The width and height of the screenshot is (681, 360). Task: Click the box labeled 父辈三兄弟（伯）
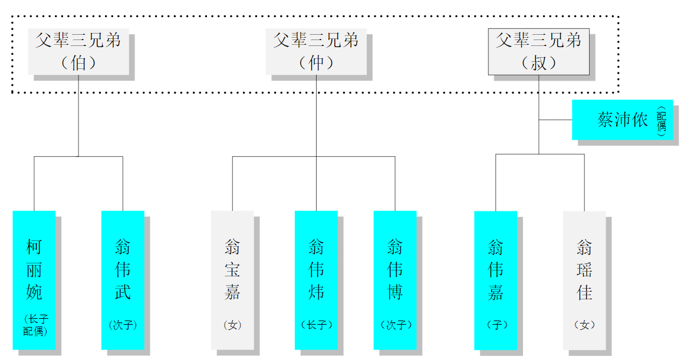click(78, 51)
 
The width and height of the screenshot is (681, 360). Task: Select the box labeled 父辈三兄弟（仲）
click(316, 51)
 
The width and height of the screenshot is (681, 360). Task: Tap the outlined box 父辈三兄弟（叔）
click(538, 51)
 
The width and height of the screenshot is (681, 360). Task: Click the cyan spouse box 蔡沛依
click(622, 120)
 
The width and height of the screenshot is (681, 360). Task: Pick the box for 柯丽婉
click(34, 270)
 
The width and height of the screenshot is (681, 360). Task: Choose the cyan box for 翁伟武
click(123, 270)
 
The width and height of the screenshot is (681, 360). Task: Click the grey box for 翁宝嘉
click(232, 270)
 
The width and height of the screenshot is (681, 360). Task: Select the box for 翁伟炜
click(316, 270)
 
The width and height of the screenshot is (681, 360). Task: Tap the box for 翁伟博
click(395, 270)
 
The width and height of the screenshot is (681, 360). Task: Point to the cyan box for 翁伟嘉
click(495, 270)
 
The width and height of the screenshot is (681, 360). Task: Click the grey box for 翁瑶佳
click(584, 270)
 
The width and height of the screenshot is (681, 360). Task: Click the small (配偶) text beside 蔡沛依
click(662, 121)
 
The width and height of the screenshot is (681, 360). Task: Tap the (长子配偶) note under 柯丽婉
click(35, 325)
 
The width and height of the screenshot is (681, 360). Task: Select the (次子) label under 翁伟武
click(123, 325)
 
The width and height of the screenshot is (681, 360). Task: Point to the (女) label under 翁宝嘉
click(232, 325)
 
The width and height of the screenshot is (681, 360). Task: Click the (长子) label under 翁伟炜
click(317, 325)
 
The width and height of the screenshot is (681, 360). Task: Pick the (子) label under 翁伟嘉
click(496, 325)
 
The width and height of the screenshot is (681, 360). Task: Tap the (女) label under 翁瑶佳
click(584, 325)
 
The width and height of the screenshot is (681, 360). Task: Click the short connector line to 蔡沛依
click(555, 120)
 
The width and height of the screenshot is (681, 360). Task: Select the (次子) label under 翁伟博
click(396, 325)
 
